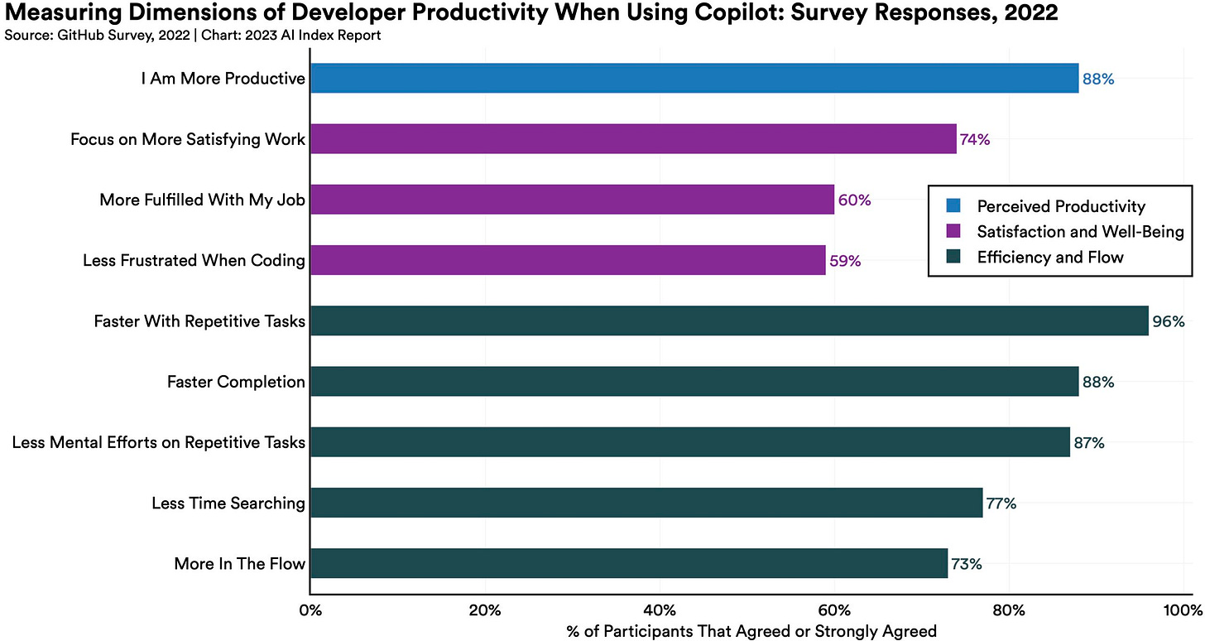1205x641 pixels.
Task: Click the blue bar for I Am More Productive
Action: [x=694, y=79]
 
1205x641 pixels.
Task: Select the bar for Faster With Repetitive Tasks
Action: [x=728, y=320]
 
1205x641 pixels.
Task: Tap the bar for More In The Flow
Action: [x=628, y=563]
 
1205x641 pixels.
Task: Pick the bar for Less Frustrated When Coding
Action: [x=567, y=260]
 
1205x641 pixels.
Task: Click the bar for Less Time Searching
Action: [x=646, y=503]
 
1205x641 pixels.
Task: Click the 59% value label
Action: [x=845, y=261]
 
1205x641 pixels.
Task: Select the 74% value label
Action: [x=974, y=140]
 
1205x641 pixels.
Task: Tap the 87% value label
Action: [x=1088, y=443]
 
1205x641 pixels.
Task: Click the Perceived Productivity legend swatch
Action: [x=953, y=206]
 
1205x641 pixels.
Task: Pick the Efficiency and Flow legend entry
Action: [x=1050, y=257]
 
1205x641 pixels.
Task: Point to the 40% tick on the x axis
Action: [x=660, y=612]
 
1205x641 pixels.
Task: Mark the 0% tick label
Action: [x=310, y=612]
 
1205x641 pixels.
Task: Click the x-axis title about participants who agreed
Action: [x=751, y=631]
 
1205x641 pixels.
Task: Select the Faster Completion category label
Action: [x=236, y=382]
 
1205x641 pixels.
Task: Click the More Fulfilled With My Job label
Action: [x=202, y=200]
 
